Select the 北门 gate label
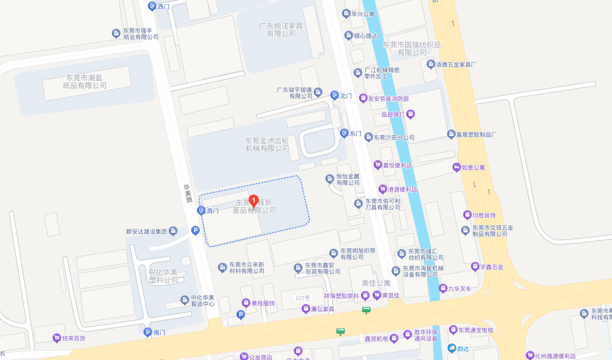click(x=346, y=96)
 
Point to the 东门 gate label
click(x=356, y=133)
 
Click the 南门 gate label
click(x=160, y=333)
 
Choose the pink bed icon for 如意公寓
click(x=456, y=167)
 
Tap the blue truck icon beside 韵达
click(x=452, y=348)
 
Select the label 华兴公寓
click(x=362, y=14)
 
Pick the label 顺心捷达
click(x=365, y=36)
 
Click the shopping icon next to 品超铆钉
click(x=411, y=114)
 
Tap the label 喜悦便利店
click(x=397, y=165)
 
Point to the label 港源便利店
click(x=402, y=189)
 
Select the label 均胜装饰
click(x=484, y=215)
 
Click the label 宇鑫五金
click(x=491, y=267)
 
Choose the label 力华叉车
click(x=460, y=288)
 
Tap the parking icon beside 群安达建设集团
click(x=195, y=231)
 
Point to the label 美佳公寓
click(x=376, y=283)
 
